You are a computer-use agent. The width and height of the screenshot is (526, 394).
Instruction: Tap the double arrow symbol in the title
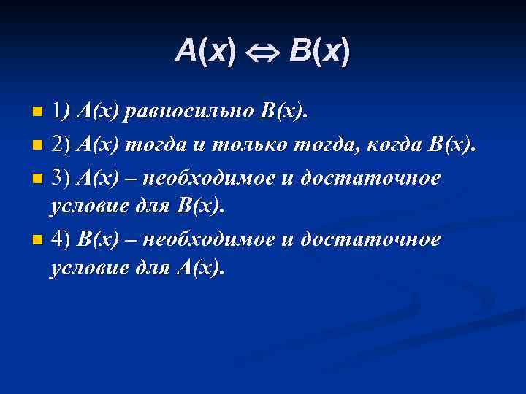[x=262, y=52]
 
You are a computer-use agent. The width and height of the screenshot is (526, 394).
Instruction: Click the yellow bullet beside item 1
[x=39, y=113]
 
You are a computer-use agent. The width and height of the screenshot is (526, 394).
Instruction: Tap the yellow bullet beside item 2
[x=39, y=145]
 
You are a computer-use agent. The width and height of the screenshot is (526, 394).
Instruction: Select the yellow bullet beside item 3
[x=39, y=177]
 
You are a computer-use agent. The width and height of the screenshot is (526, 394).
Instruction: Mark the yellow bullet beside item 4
[x=39, y=239]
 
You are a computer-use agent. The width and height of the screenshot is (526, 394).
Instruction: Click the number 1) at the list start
[x=61, y=111]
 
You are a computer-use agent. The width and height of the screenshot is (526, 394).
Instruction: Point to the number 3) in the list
[x=61, y=176]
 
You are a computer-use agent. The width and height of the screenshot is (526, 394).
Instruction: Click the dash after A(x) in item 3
[x=130, y=177]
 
